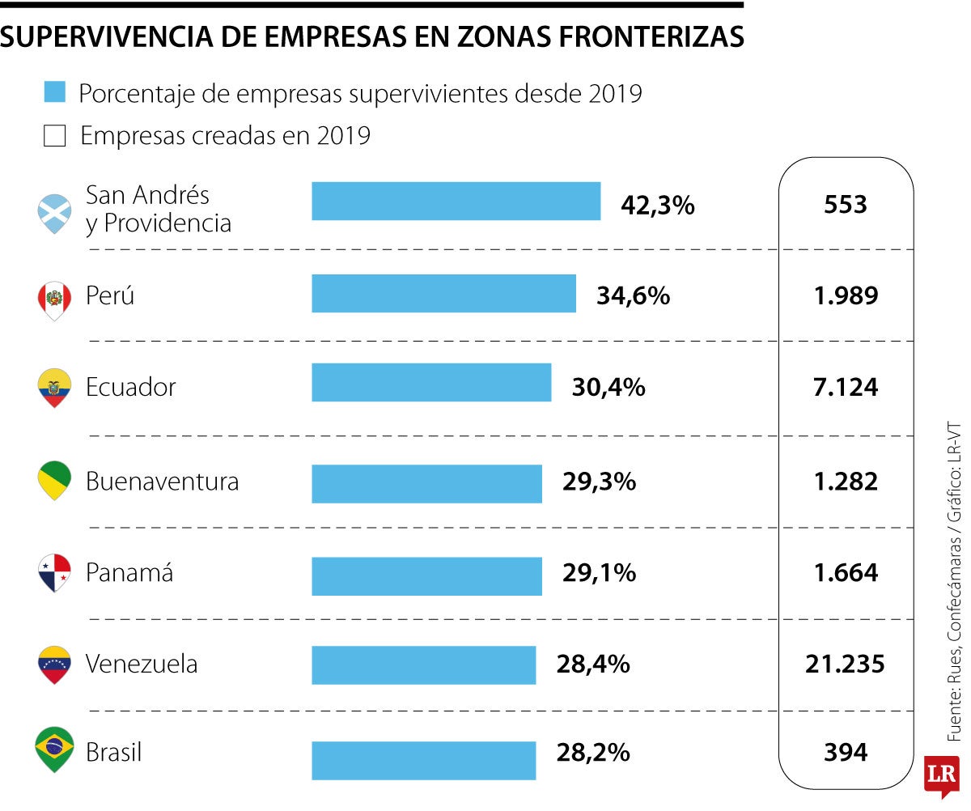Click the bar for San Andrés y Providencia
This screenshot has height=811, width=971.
point(456,201)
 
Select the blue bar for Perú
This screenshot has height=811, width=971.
point(443,293)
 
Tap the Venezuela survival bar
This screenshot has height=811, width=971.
point(423,665)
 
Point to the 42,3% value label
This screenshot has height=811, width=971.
point(657,205)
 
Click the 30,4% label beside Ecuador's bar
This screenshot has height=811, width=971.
point(608,387)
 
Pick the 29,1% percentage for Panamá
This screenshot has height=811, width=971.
point(599,573)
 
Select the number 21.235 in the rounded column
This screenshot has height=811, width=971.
point(845,665)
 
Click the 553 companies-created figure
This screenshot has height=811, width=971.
point(846,204)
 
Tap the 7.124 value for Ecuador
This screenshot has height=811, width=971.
point(846,387)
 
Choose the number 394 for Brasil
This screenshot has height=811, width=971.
point(846,753)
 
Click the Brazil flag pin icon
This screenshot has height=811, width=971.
point(55,749)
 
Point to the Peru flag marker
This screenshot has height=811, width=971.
point(54,300)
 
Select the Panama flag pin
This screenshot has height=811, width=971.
point(54,572)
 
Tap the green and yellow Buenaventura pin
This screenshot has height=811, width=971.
point(54,480)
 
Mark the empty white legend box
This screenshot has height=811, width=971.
point(54,136)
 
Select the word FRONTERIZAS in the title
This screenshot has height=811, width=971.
point(644,36)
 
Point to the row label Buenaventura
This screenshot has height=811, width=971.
point(162,482)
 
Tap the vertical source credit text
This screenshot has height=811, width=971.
point(955,579)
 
